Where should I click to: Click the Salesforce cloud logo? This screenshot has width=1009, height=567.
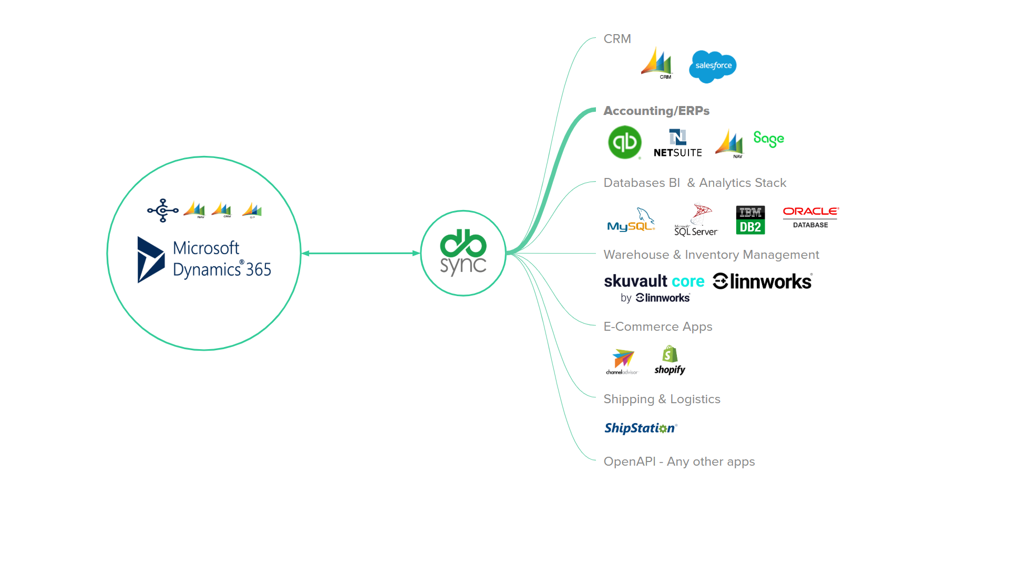pyautogui.click(x=713, y=66)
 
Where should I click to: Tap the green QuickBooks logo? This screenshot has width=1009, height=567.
pyautogui.click(x=624, y=142)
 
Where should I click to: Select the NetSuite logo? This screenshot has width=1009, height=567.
pyautogui.click(x=677, y=143)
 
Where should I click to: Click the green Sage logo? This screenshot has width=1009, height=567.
pyautogui.click(x=768, y=139)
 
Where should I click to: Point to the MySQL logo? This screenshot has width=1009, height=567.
pyautogui.click(x=631, y=220)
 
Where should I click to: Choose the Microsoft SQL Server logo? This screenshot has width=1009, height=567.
pyautogui.click(x=696, y=220)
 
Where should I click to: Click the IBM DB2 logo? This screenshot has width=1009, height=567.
pyautogui.click(x=750, y=220)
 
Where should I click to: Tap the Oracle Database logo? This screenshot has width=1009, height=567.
pyautogui.click(x=810, y=217)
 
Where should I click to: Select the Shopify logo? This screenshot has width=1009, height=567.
pyautogui.click(x=670, y=360)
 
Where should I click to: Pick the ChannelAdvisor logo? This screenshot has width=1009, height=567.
pyautogui.click(x=622, y=362)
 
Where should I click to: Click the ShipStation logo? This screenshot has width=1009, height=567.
pyautogui.click(x=641, y=428)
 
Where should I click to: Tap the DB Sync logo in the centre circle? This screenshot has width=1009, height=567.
pyautogui.click(x=463, y=253)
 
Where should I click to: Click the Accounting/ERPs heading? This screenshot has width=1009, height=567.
pyautogui.click(x=656, y=111)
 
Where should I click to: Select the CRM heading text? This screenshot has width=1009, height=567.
pyautogui.click(x=617, y=39)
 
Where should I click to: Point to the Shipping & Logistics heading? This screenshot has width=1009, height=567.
pyautogui.click(x=662, y=399)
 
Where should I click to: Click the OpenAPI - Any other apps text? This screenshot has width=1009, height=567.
pyautogui.click(x=679, y=461)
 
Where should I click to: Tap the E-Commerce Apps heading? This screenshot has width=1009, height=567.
pyautogui.click(x=657, y=327)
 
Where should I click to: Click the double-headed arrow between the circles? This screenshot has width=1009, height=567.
pyautogui.click(x=361, y=253)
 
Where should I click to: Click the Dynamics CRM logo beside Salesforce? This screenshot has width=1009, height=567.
pyautogui.click(x=657, y=64)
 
